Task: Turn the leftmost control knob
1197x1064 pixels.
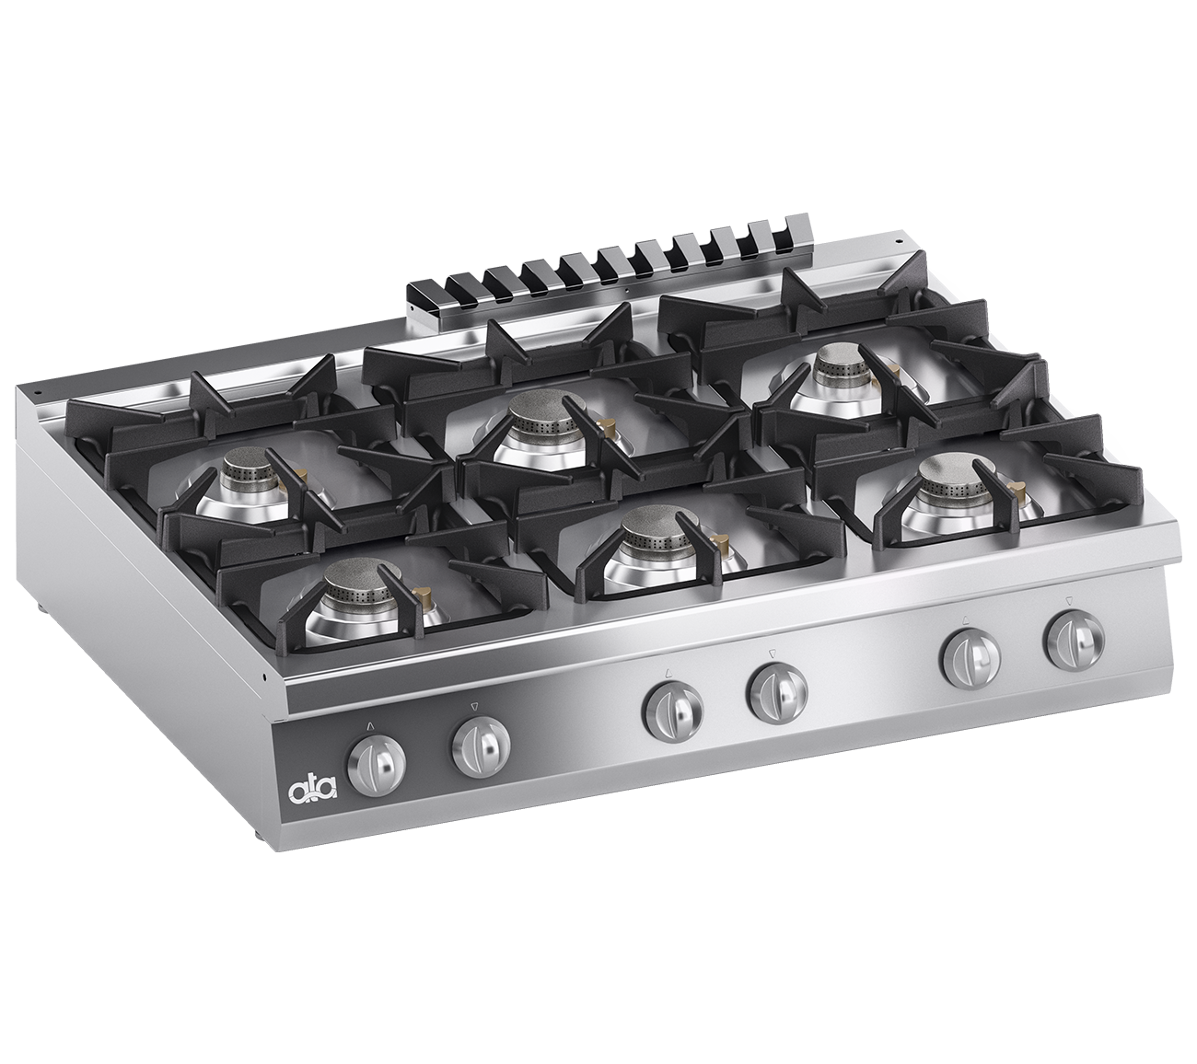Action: (x=377, y=766)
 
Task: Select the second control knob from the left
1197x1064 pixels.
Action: (x=481, y=747)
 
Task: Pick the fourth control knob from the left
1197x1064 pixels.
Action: (x=776, y=692)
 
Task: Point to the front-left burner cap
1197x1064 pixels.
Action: (x=351, y=579)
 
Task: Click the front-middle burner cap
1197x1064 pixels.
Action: (x=650, y=527)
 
